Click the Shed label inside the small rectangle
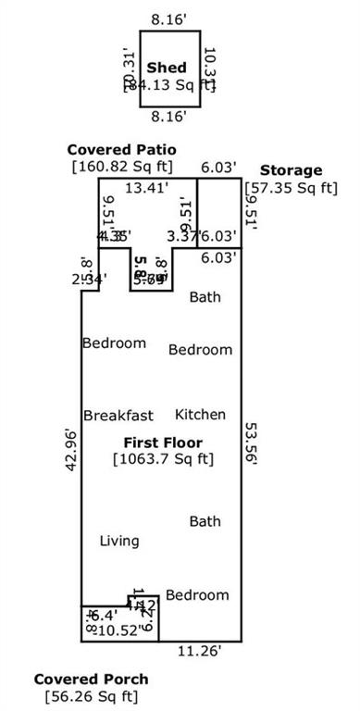pos(168,68)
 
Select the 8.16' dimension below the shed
pos(168,117)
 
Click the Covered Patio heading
pos(121,150)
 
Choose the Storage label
pos(291,170)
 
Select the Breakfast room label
pos(118,416)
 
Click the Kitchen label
pos(201,415)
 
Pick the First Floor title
pos(164,443)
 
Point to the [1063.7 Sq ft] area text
pos(164,458)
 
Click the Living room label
pos(119,541)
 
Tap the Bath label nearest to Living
pos(205,522)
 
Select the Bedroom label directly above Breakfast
pos(114,343)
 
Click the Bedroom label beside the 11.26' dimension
pos(197,594)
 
